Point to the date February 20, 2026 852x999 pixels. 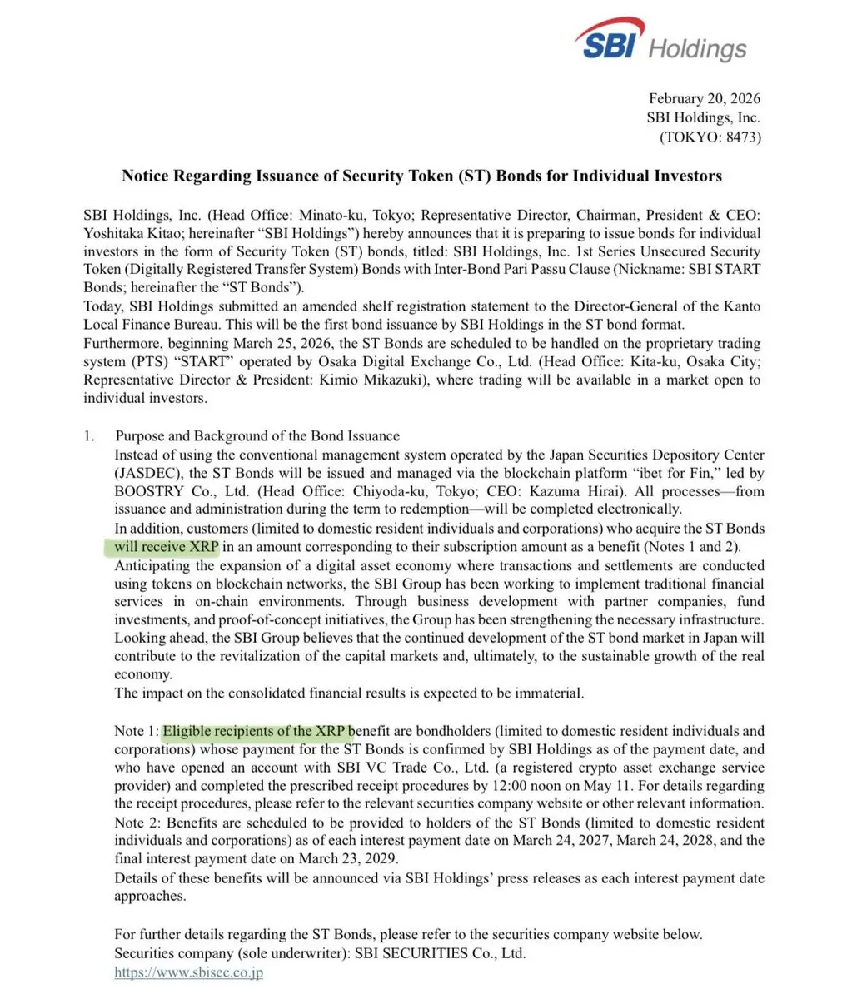tap(705, 99)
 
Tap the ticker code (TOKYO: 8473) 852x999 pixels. tap(709, 137)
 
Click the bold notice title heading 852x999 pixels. tap(421, 176)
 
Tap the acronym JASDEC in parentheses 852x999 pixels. tap(144, 473)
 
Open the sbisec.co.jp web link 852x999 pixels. tap(188, 972)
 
